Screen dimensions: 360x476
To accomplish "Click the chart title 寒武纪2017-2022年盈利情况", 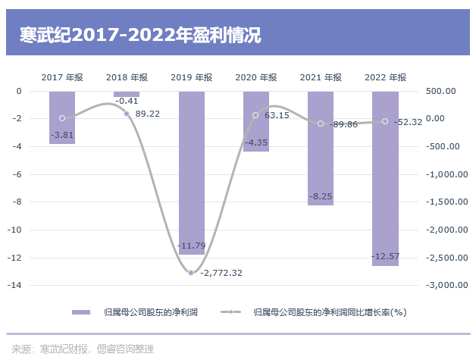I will tap(141, 35).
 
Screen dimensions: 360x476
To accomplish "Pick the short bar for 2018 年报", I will tap(127, 94).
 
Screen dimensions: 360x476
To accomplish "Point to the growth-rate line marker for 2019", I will tap(191, 273).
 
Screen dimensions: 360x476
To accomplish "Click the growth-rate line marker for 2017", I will tap(62, 118).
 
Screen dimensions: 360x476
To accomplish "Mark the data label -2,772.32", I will tap(221, 273).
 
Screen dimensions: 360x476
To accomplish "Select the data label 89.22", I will tap(148, 114).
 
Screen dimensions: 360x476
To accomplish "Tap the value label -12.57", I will tap(385, 257).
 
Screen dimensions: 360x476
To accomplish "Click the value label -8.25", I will tap(321, 197).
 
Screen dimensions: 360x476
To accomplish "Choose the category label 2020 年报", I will tap(256, 77).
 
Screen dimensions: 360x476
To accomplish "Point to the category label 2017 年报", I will tap(62, 77).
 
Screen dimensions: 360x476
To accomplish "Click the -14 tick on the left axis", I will tap(22, 286).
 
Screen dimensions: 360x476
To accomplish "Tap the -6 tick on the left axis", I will tap(25, 174).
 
